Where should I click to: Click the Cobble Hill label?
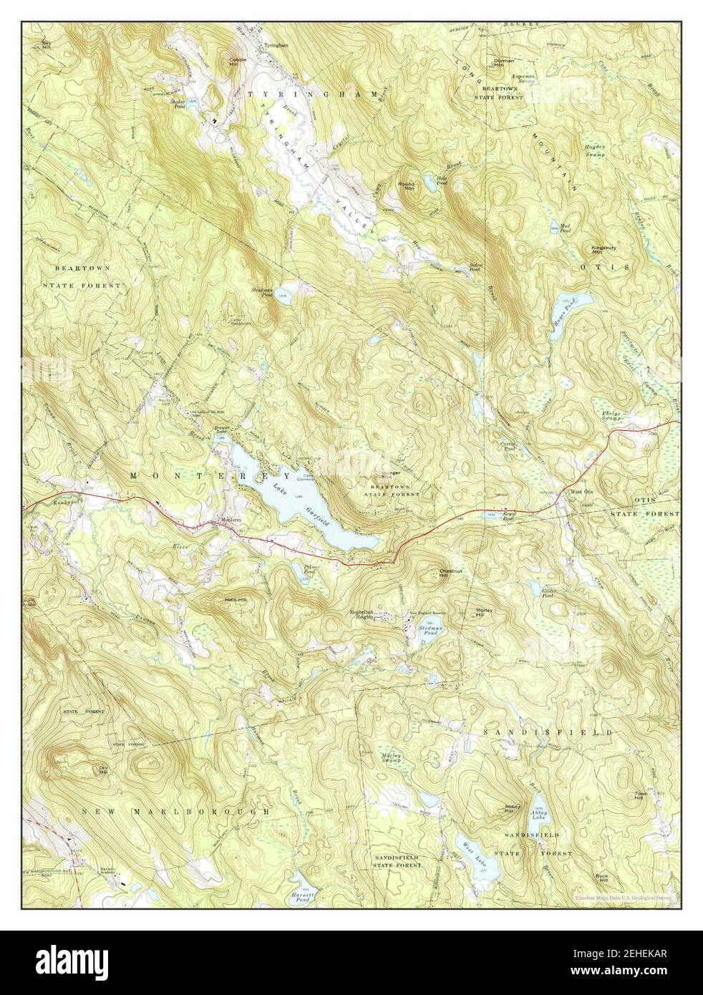tap(238, 62)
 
